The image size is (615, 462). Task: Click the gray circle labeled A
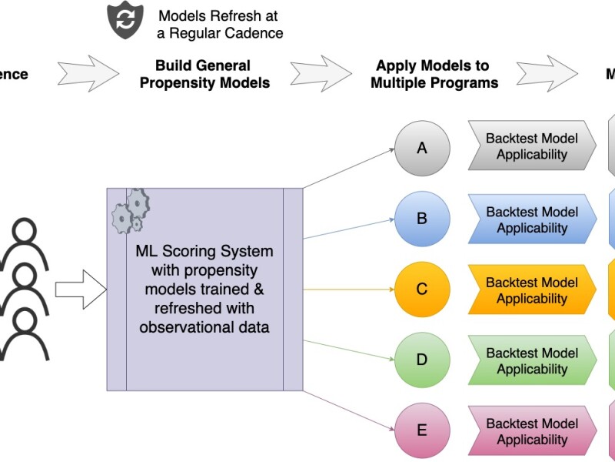[421, 148]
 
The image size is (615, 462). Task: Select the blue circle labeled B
[421, 219]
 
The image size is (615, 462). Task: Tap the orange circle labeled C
[421, 290]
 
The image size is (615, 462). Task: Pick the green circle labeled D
[421, 360]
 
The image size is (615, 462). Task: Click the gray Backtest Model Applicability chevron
[531, 146]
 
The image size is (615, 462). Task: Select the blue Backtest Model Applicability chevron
[531, 219]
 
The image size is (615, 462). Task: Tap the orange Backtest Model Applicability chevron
[531, 290]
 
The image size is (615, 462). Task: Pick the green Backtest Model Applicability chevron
[531, 360]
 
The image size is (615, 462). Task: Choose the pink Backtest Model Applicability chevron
[531, 430]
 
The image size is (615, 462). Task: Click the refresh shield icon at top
[124, 21]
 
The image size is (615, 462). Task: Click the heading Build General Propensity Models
[204, 74]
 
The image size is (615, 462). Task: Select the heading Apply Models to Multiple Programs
[434, 74]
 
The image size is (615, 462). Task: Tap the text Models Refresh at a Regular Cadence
[220, 24]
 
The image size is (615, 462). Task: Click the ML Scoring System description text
[204, 290]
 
